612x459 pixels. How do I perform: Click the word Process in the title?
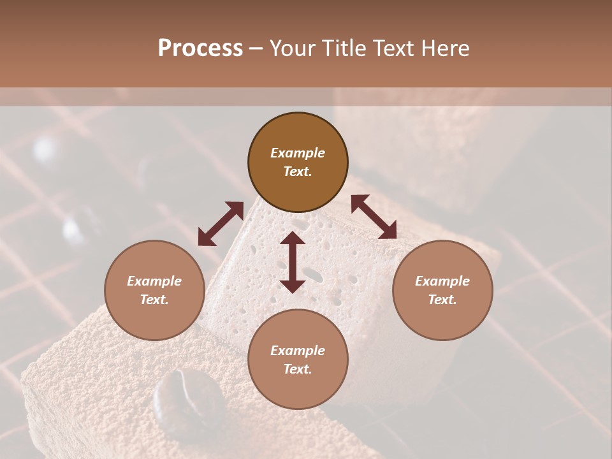(x=200, y=48)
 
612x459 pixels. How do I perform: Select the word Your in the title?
(x=293, y=48)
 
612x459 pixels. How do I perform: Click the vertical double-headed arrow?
(x=293, y=262)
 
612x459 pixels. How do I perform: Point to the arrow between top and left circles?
(x=221, y=224)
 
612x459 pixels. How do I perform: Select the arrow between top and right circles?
(x=374, y=217)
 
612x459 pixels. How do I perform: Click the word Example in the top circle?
(x=298, y=153)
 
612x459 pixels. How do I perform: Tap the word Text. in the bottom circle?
(x=298, y=369)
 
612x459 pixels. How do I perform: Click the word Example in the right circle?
(x=442, y=281)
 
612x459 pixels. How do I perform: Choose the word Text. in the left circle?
(x=154, y=300)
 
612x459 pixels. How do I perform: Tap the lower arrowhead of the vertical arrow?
(x=293, y=285)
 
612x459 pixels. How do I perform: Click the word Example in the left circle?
(x=154, y=281)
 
